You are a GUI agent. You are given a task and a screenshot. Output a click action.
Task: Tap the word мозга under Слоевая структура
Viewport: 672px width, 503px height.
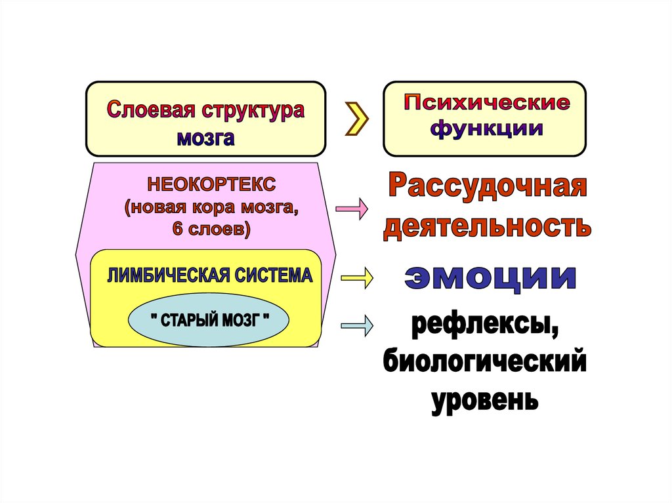[204, 138]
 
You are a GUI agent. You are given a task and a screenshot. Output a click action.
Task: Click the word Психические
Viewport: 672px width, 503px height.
[486, 104]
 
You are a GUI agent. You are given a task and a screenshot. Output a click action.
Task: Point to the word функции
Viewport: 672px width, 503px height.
[486, 129]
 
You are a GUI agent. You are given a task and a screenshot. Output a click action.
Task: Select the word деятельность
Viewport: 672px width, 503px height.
[486, 226]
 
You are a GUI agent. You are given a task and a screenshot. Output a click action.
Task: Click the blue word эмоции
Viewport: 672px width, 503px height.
[490, 278]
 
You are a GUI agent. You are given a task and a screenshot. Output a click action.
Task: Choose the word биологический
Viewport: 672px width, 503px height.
[484, 363]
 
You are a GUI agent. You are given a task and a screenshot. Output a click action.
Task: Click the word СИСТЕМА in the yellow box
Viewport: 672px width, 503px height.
[273, 275]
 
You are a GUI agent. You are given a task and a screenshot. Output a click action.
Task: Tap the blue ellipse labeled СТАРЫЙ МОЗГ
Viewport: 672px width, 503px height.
[209, 321]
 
